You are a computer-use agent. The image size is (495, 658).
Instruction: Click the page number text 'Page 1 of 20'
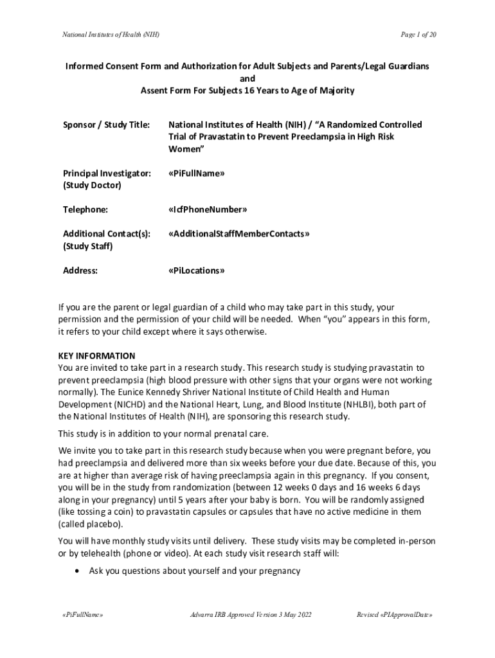click(x=419, y=34)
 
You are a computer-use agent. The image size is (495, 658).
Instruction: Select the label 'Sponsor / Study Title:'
click(x=106, y=125)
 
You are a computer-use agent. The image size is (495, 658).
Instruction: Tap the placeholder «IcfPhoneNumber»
click(x=208, y=209)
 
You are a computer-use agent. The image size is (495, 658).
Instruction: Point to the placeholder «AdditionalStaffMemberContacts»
click(x=239, y=234)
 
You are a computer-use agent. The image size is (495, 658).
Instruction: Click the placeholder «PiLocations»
click(x=196, y=271)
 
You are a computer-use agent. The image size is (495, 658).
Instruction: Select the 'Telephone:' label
click(x=85, y=209)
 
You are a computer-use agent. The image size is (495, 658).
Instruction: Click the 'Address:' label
click(x=80, y=271)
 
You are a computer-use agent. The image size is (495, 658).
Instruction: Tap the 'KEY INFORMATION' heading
click(x=96, y=356)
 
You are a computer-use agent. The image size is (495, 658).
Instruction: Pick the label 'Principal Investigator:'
click(x=107, y=173)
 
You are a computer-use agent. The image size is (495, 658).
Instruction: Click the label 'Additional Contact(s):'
click(x=107, y=234)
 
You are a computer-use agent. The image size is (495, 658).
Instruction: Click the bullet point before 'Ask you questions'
click(x=77, y=571)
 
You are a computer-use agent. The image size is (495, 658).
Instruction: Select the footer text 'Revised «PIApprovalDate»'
click(x=394, y=615)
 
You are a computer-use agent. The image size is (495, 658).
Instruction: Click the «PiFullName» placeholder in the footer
click(x=80, y=615)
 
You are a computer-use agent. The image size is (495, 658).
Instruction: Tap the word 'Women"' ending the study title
click(x=186, y=149)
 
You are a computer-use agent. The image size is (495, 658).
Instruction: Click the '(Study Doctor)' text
click(x=92, y=186)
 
